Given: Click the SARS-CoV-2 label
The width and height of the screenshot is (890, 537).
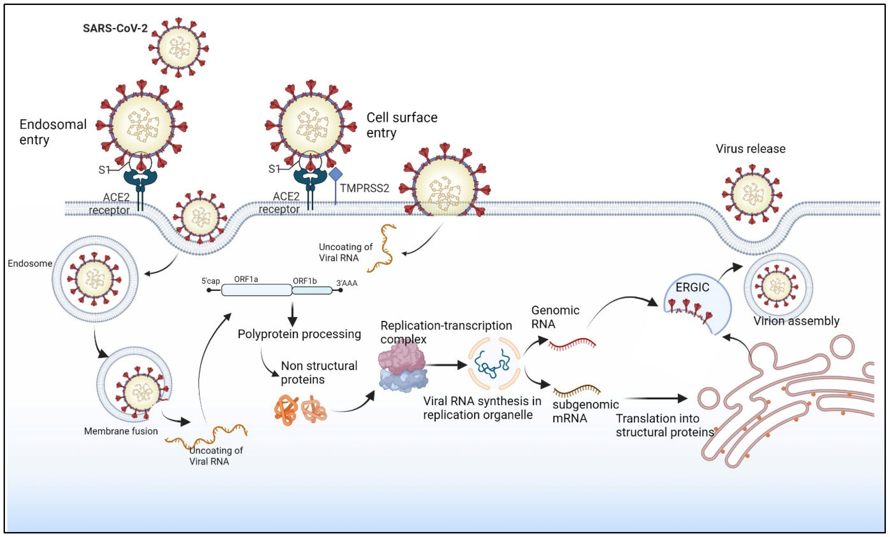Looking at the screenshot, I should [115, 28].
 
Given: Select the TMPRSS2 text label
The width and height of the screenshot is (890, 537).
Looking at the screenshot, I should [364, 188].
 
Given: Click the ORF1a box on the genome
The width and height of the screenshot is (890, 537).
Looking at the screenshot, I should [256, 290].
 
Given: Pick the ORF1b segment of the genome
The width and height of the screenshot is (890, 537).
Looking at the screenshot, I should [312, 290].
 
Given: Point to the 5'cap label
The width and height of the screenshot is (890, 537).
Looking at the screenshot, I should [211, 281].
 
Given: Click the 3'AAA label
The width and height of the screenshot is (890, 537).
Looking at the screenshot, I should [347, 283].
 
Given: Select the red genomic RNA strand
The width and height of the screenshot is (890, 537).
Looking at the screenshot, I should [572, 344].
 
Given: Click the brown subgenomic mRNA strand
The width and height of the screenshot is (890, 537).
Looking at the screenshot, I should [576, 391].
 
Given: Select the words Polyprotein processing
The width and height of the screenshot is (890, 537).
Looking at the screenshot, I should [299, 334].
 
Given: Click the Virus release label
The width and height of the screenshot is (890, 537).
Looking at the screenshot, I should [750, 149].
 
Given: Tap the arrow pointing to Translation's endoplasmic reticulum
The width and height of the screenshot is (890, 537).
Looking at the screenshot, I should [655, 398].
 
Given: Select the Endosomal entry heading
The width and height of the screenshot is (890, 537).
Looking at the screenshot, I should [53, 132].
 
